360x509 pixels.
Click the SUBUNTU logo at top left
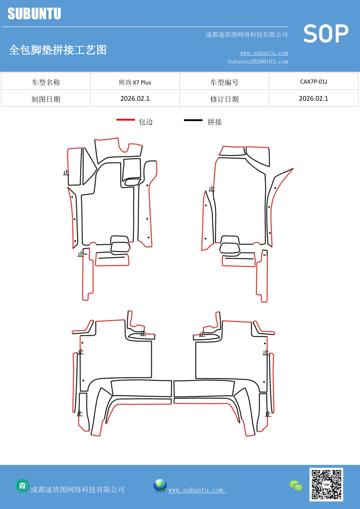pyautogui.click(x=34, y=14)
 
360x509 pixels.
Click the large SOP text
pyautogui.click(x=326, y=34)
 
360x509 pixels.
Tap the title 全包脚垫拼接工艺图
pyautogui.click(x=58, y=50)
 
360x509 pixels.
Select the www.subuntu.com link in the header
pyautogui.click(x=264, y=53)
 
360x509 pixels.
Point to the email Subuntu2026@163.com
pyautogui.click(x=258, y=62)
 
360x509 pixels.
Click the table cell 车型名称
pyautogui.click(x=46, y=82)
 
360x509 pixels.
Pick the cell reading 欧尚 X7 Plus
pyautogui.click(x=135, y=82)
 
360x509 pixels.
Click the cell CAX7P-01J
pyautogui.click(x=313, y=82)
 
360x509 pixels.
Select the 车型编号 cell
pyautogui.click(x=224, y=82)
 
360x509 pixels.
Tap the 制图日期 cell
pyautogui.click(x=46, y=99)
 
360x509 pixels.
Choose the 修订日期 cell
pyautogui.click(x=224, y=99)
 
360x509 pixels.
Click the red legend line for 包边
pyautogui.click(x=126, y=120)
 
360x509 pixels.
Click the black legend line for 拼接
pyautogui.click(x=193, y=120)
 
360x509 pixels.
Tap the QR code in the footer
pyautogui.click(x=326, y=484)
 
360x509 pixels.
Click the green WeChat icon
pyautogui.click(x=296, y=485)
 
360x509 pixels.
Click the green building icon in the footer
pyautogui.click(x=22, y=485)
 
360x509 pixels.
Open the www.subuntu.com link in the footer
pyautogui.click(x=196, y=490)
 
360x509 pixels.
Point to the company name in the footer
pyautogui.click(x=77, y=490)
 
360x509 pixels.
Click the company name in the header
pyautogui.click(x=247, y=35)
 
